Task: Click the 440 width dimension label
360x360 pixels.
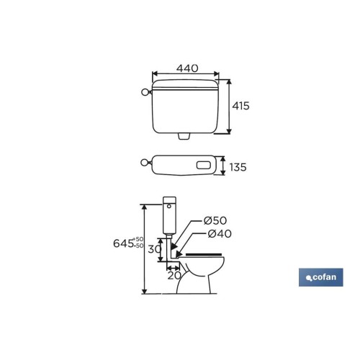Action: click(x=187, y=68)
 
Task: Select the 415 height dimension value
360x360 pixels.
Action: click(x=240, y=106)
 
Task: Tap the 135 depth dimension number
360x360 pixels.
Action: click(x=238, y=167)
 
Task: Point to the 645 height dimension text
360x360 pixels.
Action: click(x=123, y=243)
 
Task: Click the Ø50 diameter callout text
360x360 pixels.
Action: click(x=215, y=220)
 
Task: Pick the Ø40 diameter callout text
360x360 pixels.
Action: click(x=220, y=233)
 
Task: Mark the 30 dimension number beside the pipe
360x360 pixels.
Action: click(x=154, y=249)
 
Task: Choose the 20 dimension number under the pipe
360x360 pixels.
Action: click(x=174, y=276)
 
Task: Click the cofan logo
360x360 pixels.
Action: click(x=321, y=277)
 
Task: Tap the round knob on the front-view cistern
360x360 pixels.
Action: click(x=145, y=92)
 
